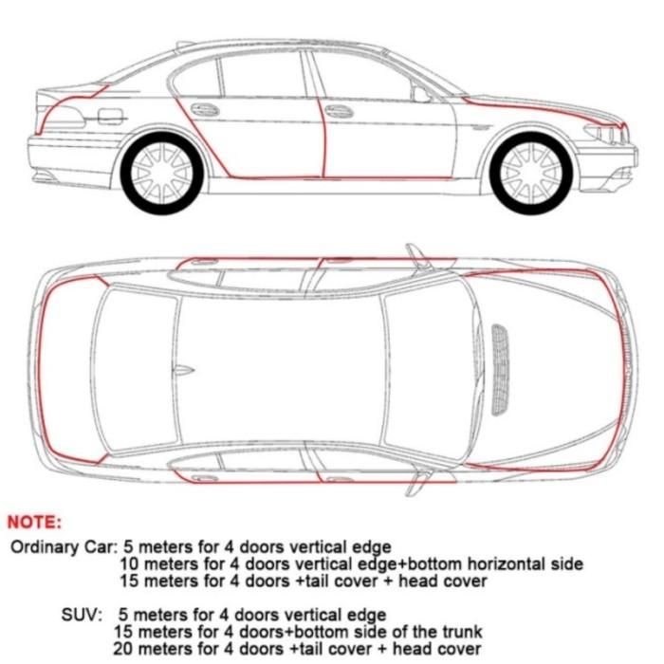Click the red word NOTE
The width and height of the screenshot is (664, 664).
[x=34, y=522]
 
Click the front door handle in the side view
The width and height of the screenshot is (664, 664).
[x=339, y=111]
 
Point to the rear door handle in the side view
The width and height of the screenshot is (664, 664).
[x=205, y=110]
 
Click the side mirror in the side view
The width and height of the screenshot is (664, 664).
[x=421, y=94]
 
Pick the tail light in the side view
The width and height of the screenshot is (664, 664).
[x=65, y=118]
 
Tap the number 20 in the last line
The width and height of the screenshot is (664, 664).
[x=122, y=650]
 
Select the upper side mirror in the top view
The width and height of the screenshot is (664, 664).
[x=415, y=254]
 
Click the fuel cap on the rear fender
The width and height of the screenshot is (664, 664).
[x=110, y=117]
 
